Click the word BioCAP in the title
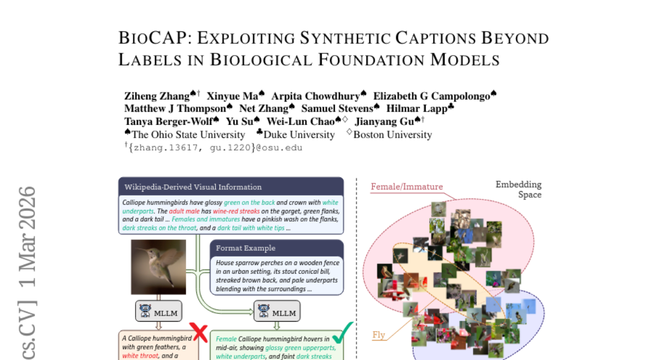pos(153,38)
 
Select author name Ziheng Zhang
pos(157,96)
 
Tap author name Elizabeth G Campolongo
pos(432,96)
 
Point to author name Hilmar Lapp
pos(417,108)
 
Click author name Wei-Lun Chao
pos(301,121)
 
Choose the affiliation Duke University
pos(299,135)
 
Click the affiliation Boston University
pos(392,135)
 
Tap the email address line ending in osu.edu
pos(215,148)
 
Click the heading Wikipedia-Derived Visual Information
pos(193,187)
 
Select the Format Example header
pos(246,248)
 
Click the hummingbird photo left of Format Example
pos(158,267)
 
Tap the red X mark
pos(198,332)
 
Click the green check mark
pos(342,333)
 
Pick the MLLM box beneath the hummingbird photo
pos(159,311)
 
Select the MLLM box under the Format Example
pos(277,311)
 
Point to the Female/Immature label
pos(407,187)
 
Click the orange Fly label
pos(379,335)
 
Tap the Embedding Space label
pos(519,189)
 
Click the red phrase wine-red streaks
pos(236,211)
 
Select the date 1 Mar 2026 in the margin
pos(27,237)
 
